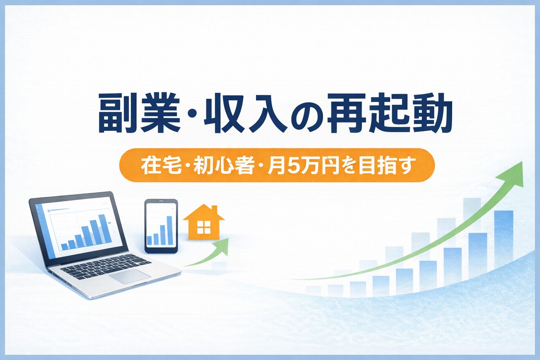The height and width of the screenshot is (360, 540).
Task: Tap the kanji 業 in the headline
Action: [160, 114]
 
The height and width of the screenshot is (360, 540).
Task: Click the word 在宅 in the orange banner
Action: [156, 166]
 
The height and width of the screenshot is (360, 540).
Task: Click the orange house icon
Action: [204, 224]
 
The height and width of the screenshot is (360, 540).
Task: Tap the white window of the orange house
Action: [204, 227]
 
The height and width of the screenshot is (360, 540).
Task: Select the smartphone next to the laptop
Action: [161, 226]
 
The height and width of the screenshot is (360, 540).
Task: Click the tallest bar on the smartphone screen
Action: [169, 230]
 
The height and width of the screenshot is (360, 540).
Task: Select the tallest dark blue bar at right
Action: [503, 239]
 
